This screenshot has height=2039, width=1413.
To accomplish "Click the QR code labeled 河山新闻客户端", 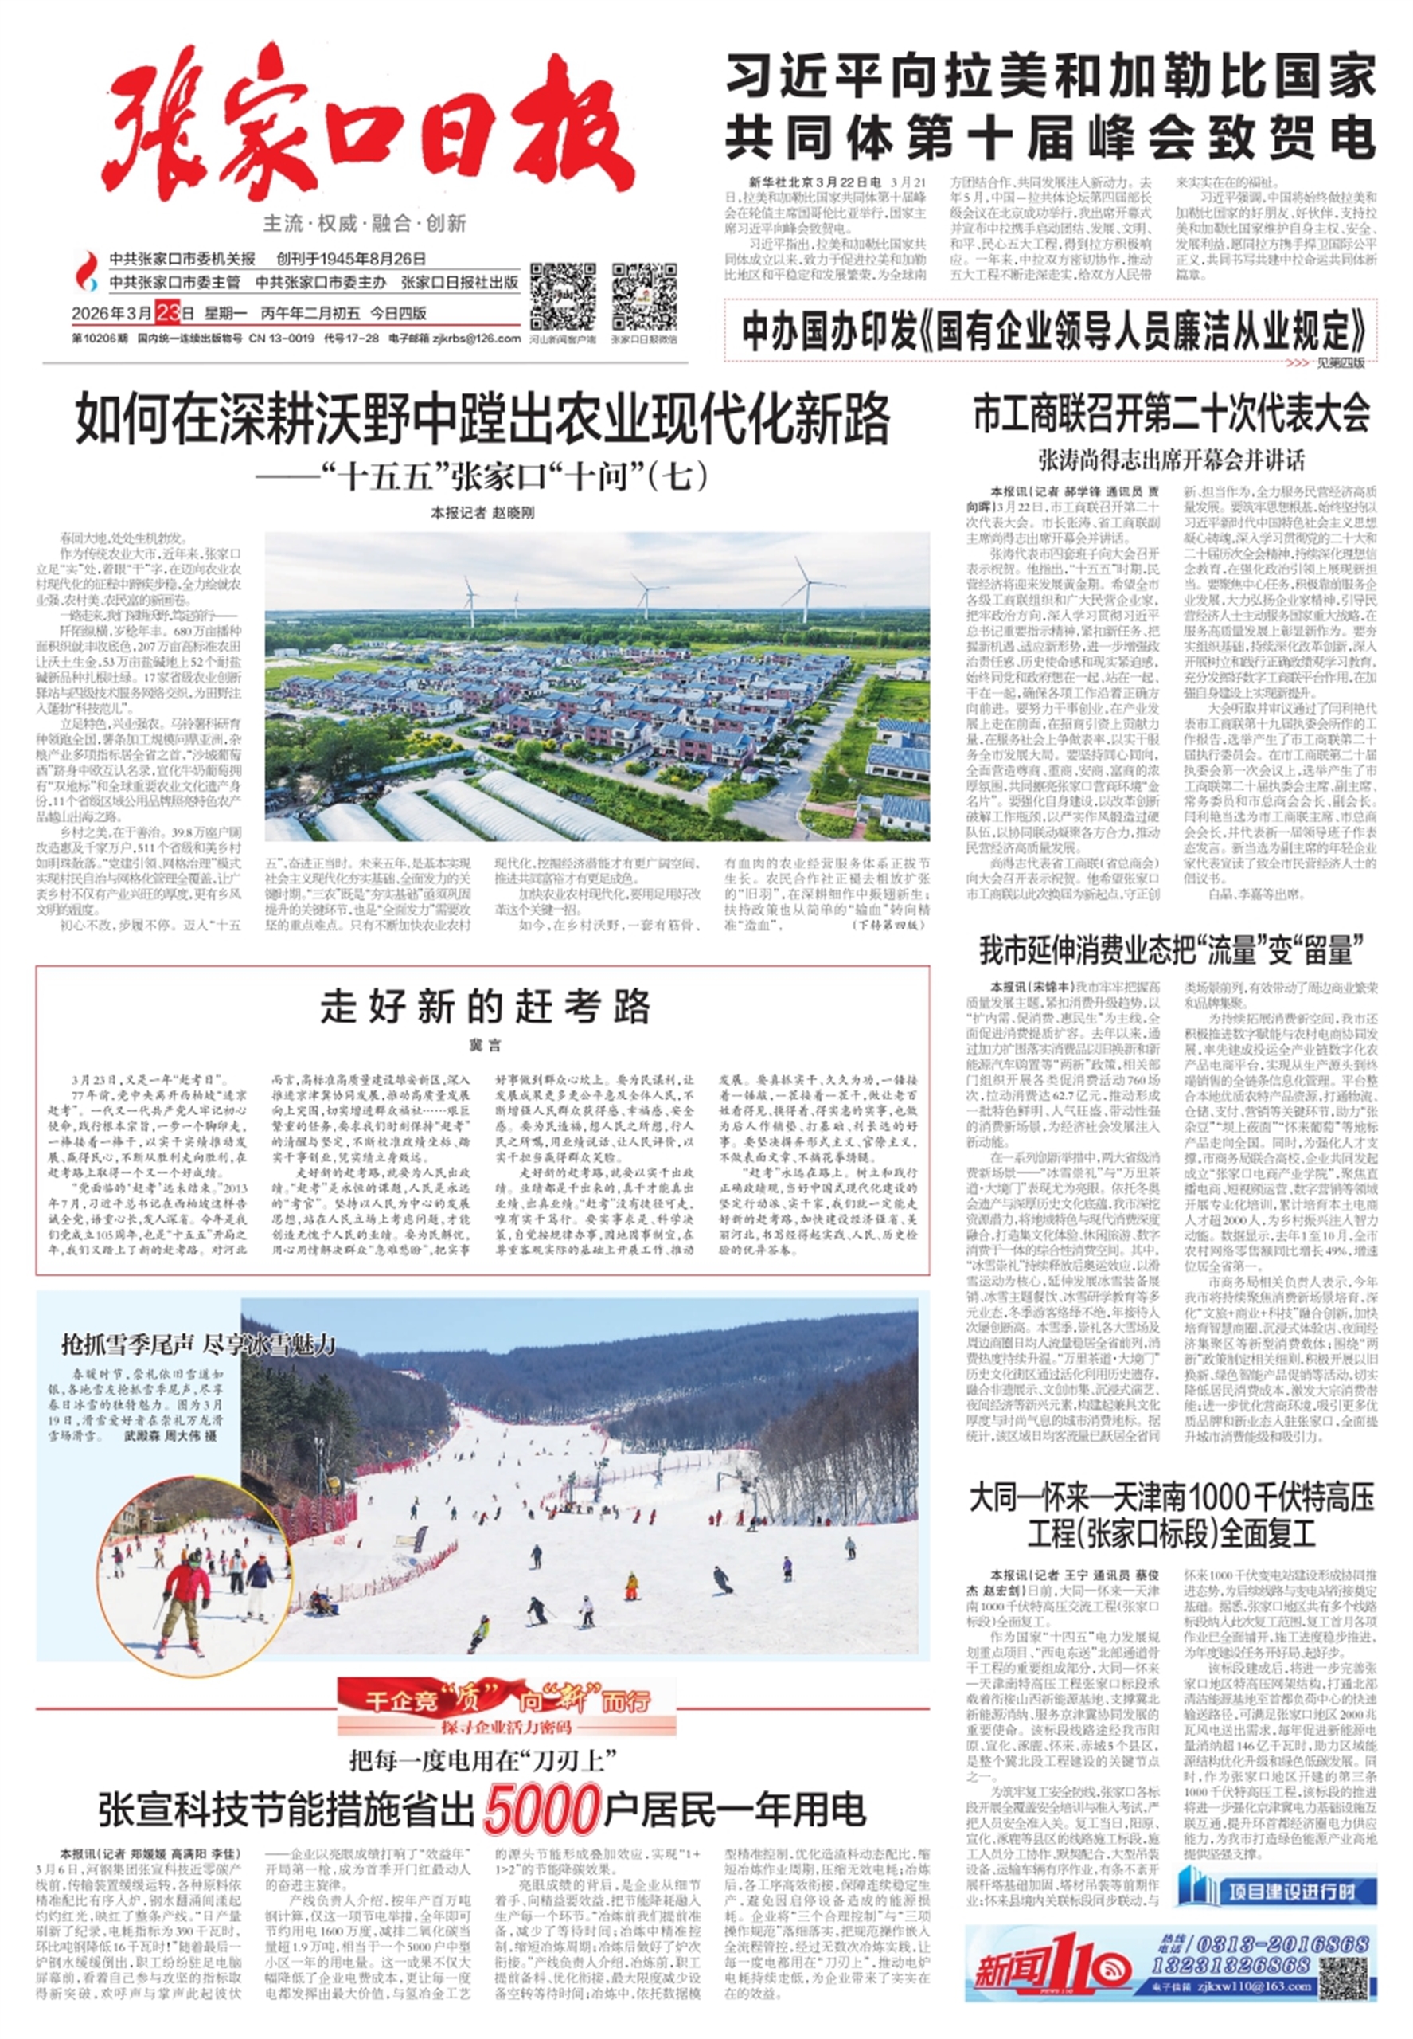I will pyautogui.click(x=562, y=297).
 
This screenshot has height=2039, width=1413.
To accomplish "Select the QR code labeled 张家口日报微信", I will pyautogui.click(x=644, y=297).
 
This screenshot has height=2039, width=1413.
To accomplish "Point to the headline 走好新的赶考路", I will pyautogui.click(x=485, y=1006).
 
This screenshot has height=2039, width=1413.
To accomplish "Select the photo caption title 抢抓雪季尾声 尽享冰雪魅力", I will pyautogui.click(x=198, y=1344).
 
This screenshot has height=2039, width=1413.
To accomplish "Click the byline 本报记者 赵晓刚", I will pyautogui.click(x=482, y=513).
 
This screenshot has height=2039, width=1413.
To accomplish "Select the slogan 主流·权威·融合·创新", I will pyautogui.click(x=365, y=223).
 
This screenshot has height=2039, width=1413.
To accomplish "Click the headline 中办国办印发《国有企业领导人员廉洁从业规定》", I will pyautogui.click(x=1053, y=331).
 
